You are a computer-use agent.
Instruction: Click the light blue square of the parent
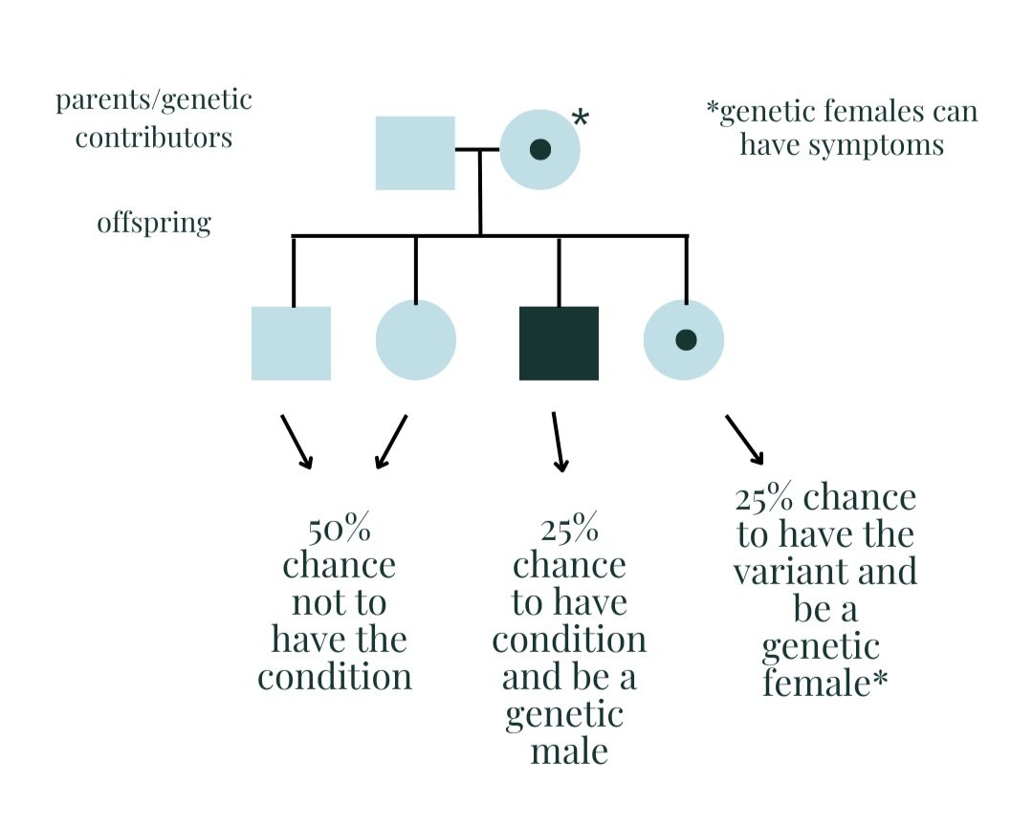pyautogui.click(x=415, y=153)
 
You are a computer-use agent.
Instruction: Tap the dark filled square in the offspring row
pyautogui.click(x=559, y=343)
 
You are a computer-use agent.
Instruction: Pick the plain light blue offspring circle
pyautogui.click(x=416, y=340)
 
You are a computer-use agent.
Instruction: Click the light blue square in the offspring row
pyautogui.click(x=291, y=343)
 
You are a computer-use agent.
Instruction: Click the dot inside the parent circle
pyautogui.click(x=540, y=149)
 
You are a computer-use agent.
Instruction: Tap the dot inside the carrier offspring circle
pyautogui.click(x=685, y=339)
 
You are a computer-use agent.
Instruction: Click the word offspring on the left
pyautogui.click(x=154, y=223)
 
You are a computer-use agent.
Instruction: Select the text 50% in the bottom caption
pyautogui.click(x=339, y=528)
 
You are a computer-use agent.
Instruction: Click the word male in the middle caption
pyautogui.click(x=570, y=751)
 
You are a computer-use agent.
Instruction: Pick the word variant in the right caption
pyautogui.click(x=824, y=571)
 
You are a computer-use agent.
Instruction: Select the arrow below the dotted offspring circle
pyautogui.click(x=744, y=439)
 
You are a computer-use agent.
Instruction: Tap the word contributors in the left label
pyautogui.click(x=154, y=138)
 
